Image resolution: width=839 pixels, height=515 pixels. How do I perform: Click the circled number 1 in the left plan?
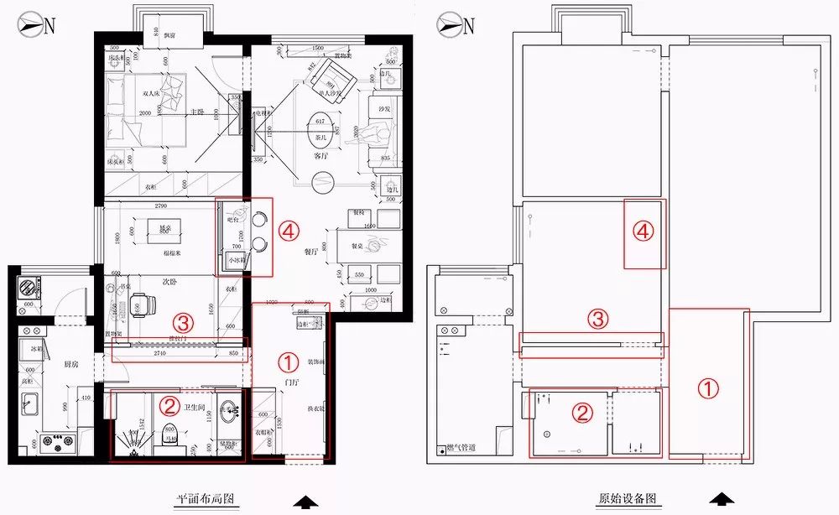click(x=288, y=362)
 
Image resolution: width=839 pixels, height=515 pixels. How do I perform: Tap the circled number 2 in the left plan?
click(x=169, y=407)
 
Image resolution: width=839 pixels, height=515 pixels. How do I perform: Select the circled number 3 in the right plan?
click(x=597, y=319)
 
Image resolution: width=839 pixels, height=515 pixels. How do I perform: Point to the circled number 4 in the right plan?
click(x=644, y=232)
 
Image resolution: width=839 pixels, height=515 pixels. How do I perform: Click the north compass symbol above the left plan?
click(x=33, y=25)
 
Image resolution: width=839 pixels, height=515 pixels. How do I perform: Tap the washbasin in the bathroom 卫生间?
click(x=227, y=413)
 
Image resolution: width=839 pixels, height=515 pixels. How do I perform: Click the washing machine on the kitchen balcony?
click(x=25, y=287)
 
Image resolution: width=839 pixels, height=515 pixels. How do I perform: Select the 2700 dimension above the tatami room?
click(x=152, y=205)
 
